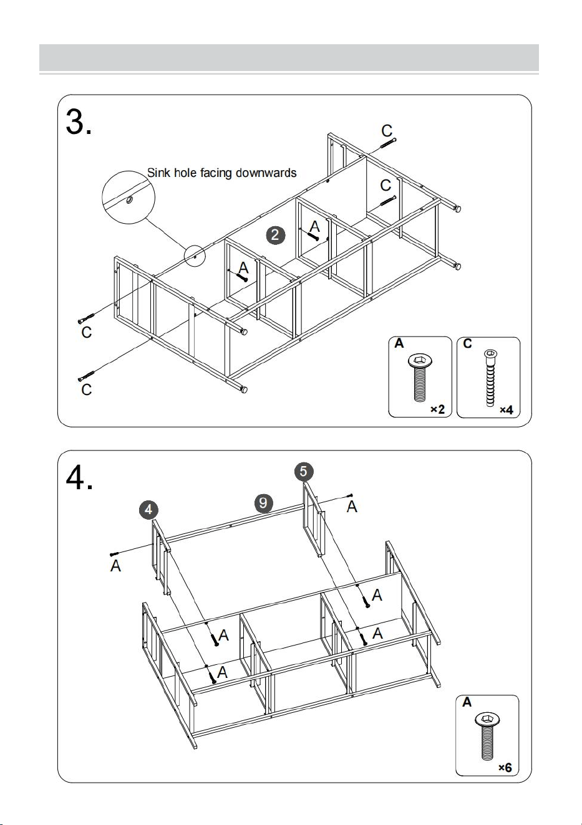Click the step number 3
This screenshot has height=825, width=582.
[x=78, y=122]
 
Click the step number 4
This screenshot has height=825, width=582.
[x=79, y=477]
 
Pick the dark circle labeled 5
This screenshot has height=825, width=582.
[x=304, y=472]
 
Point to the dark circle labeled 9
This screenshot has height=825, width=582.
[x=263, y=503]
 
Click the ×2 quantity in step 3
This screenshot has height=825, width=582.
[x=438, y=409]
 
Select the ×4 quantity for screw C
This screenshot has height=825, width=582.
[x=507, y=409]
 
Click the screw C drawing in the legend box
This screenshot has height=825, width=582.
[x=490, y=378]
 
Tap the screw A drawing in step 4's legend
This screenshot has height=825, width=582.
[x=487, y=737]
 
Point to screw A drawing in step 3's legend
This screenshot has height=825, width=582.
[x=420, y=378]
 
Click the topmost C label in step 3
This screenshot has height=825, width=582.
[x=387, y=131]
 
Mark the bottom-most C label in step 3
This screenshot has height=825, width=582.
[x=86, y=389]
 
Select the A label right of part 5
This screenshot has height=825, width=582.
[x=352, y=507]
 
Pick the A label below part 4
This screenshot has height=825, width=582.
[x=115, y=565]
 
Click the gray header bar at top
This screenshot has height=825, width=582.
[x=289, y=57]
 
